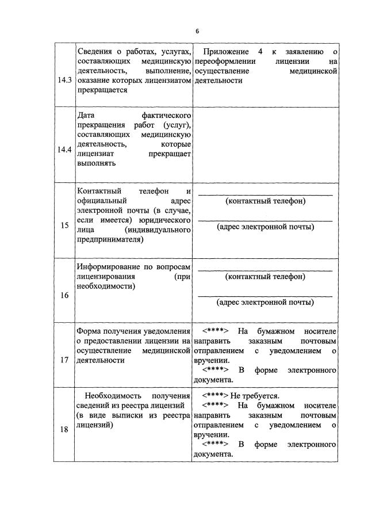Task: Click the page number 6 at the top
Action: (197, 31)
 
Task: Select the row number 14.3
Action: (64, 80)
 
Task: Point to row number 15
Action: (64, 225)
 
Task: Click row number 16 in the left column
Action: (64, 295)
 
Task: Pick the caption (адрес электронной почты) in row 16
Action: (265, 302)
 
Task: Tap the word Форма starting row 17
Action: (90, 331)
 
